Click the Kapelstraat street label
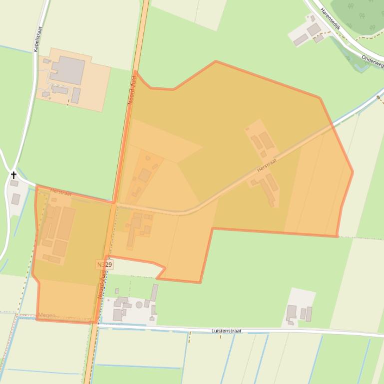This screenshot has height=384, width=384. tap(37, 39)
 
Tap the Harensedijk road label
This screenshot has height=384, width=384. tap(330, 18)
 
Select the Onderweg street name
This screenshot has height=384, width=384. tap(373, 61)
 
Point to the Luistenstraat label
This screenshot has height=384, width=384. tap(226, 331)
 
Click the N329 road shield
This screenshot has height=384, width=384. tap(104, 264)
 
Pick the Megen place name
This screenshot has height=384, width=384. tap(47, 315)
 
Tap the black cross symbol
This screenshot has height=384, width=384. tap(14, 175)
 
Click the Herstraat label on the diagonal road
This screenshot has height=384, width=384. tap(267, 166)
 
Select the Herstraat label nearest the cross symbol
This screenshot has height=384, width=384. tap(60, 192)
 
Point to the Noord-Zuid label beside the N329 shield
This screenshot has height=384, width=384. tap(102, 284)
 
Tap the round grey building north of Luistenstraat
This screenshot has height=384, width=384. tap(139, 305)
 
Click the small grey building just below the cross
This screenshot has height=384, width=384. tap(16, 199)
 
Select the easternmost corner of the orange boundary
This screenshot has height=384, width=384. tap(353, 172)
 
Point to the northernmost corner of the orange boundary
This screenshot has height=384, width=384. tap(216, 61)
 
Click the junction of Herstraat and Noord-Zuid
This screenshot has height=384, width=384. tap(114, 204)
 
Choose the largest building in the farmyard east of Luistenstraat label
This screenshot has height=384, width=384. tap(292, 313)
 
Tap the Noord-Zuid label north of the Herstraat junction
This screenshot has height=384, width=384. tap(132, 90)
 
